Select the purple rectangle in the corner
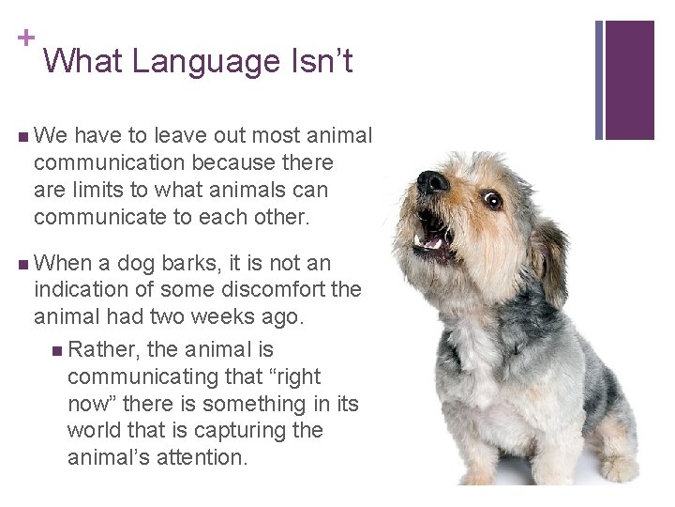point(630,80)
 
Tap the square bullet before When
point(22,264)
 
